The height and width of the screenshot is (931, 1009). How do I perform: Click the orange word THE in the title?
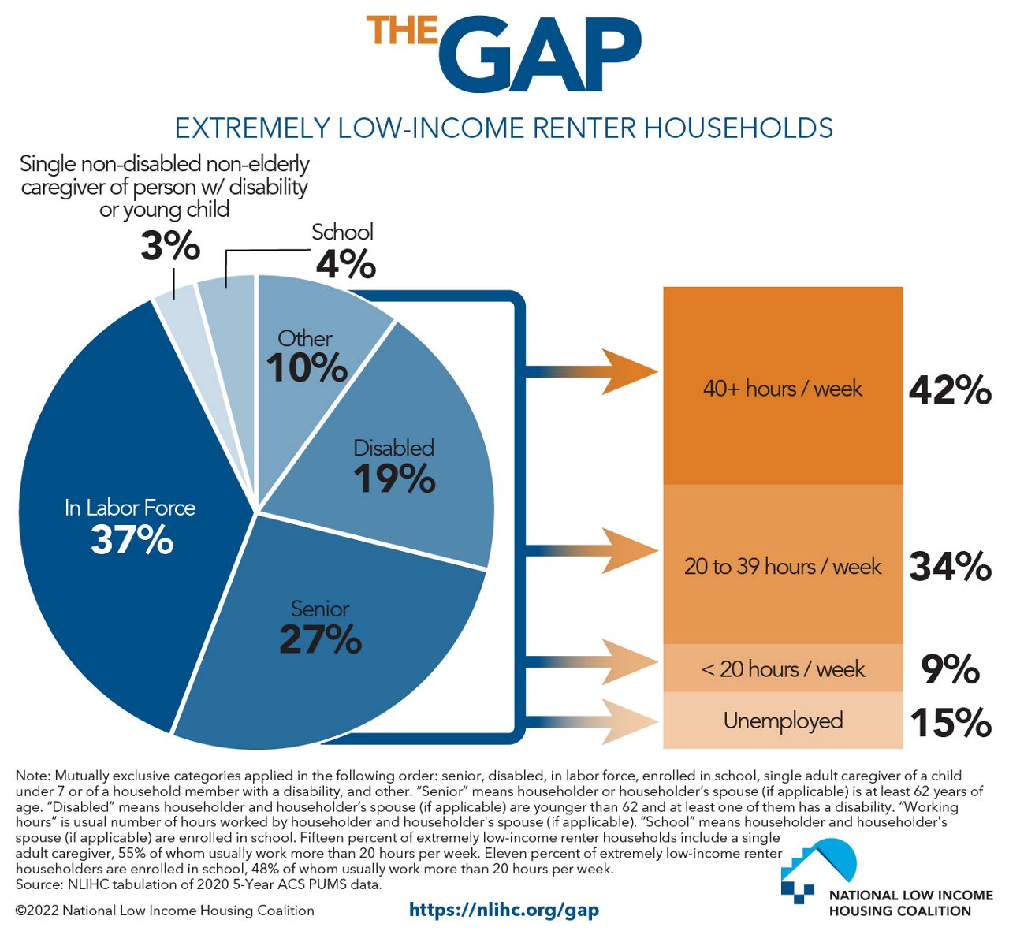pyautogui.click(x=402, y=30)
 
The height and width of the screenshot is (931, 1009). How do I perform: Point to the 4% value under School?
pyautogui.click(x=345, y=264)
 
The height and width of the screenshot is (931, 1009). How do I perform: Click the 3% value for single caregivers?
pyautogui.click(x=170, y=246)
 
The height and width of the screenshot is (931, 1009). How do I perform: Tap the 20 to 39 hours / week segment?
pyautogui.click(x=782, y=565)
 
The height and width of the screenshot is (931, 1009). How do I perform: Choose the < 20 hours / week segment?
pyautogui.click(x=782, y=668)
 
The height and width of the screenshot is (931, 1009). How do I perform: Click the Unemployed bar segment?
pyautogui.click(x=782, y=721)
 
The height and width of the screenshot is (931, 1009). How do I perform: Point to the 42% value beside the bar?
pyautogui.click(x=950, y=389)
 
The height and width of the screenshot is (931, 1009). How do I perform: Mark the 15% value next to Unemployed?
pyautogui.click(x=950, y=723)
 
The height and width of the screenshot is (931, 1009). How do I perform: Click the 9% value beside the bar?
pyautogui.click(x=950, y=669)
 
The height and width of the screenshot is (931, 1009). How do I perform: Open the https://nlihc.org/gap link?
pyautogui.click(x=504, y=910)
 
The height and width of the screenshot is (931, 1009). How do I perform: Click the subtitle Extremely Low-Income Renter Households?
pyautogui.click(x=504, y=128)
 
